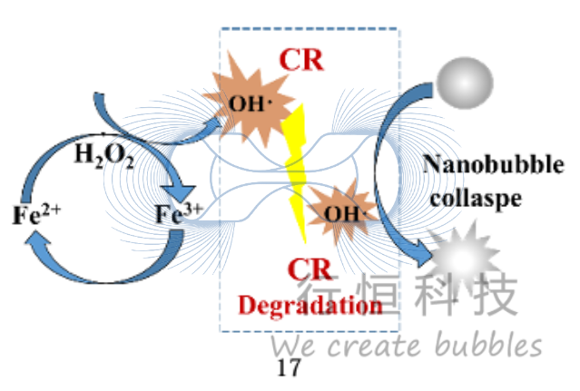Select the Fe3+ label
[x=177, y=215]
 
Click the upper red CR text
[x=300, y=60]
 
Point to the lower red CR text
[x=310, y=270]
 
